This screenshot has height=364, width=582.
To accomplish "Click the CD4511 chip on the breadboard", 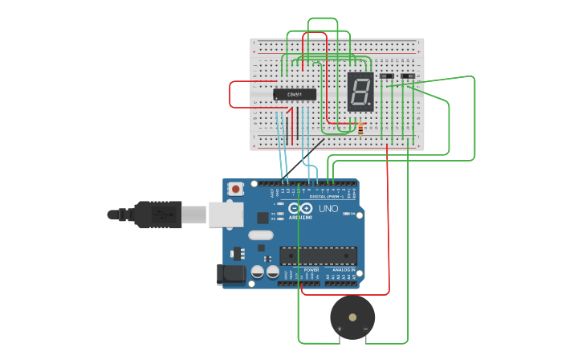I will [295, 95].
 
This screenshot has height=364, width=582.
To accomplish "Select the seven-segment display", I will [360, 91].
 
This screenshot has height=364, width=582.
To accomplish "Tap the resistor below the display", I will [360, 129].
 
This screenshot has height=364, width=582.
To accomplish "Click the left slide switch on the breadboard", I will [387, 77].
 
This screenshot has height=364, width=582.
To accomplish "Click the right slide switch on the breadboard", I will [408, 77].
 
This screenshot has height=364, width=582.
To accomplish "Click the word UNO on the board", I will [328, 209].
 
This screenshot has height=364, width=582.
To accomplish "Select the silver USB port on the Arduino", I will [226, 215].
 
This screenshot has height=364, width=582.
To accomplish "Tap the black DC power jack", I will [234, 274].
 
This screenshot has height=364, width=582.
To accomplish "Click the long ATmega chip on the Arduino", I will [318, 256].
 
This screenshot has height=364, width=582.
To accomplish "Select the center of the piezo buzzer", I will [352, 317].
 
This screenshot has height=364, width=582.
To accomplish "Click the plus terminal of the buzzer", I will [339, 329].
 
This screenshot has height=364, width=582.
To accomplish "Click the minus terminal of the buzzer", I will [366, 329].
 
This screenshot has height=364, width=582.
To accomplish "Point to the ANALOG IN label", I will [342, 270].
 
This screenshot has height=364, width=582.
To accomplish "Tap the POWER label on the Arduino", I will [300, 270].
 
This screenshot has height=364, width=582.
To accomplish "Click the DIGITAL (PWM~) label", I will [326, 196].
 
